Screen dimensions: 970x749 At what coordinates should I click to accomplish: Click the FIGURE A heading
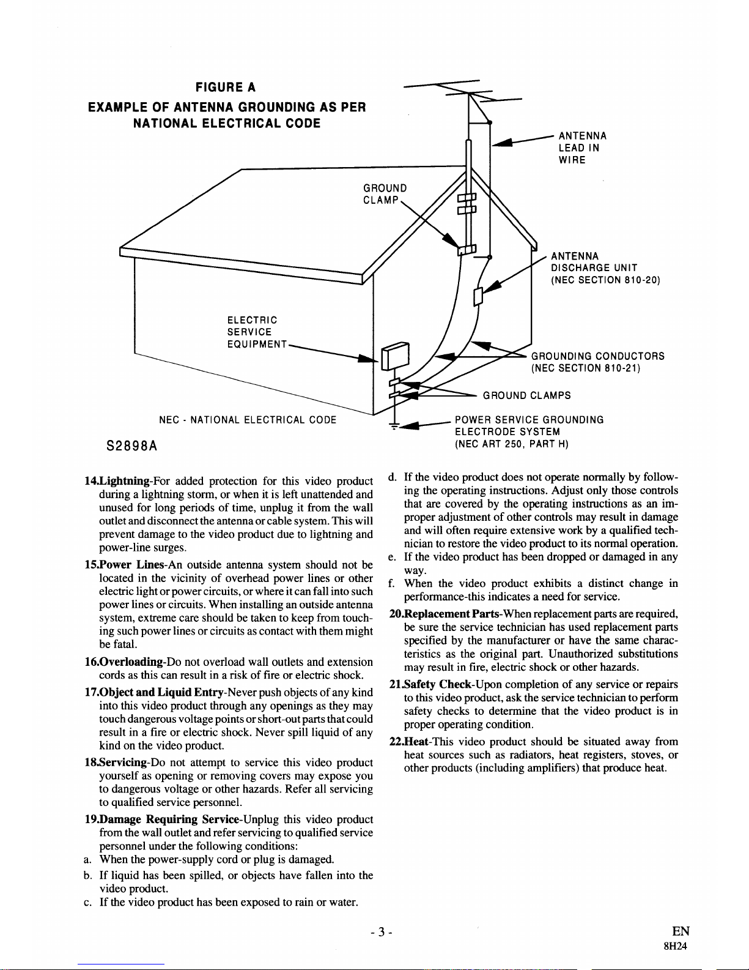click(225, 87)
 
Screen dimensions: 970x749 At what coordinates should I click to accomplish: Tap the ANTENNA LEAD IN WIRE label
click(581, 148)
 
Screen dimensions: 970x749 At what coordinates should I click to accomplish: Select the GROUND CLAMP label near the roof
click(385, 194)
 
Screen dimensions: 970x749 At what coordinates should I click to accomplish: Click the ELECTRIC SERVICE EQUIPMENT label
click(257, 332)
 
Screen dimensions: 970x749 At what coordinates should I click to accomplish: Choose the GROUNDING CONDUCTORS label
click(597, 362)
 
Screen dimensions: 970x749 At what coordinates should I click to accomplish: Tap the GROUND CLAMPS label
click(526, 395)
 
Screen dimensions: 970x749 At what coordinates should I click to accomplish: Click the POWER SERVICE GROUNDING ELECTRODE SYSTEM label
click(529, 431)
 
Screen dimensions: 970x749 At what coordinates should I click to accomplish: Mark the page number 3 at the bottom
click(380, 933)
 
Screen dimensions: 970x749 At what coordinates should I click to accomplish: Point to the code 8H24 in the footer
click(676, 945)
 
